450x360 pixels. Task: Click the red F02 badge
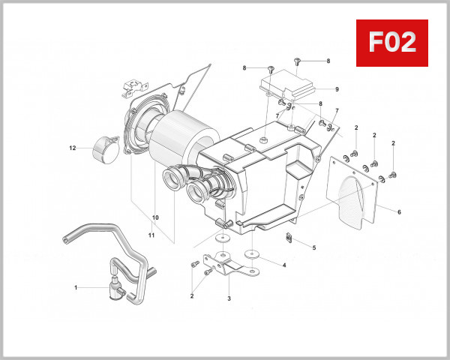391,43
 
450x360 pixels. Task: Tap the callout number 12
73,148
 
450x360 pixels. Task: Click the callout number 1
76,287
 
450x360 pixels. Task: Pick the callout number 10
155,218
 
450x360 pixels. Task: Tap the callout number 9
337,89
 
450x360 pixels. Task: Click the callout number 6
399,212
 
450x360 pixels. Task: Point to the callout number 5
314,247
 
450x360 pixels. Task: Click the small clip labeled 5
290,238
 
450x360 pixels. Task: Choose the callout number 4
283,265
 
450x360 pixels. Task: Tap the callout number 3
228,298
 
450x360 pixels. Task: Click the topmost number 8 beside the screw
328,60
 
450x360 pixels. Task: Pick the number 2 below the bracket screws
191,295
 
